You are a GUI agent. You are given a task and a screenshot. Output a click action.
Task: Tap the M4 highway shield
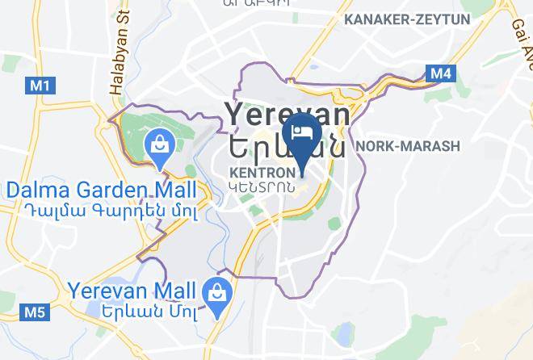click(x=440, y=74)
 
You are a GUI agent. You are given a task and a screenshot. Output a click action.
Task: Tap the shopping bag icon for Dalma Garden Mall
click(x=158, y=146)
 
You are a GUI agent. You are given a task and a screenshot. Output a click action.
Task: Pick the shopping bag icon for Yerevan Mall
click(x=215, y=291)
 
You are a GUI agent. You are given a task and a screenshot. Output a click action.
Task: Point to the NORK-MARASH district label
click(x=408, y=146)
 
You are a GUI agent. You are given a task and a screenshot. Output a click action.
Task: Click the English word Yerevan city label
click(x=287, y=114)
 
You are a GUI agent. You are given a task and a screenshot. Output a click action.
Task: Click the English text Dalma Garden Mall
click(x=102, y=191)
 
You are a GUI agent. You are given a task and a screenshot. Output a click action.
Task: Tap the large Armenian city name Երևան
click(x=287, y=146)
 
